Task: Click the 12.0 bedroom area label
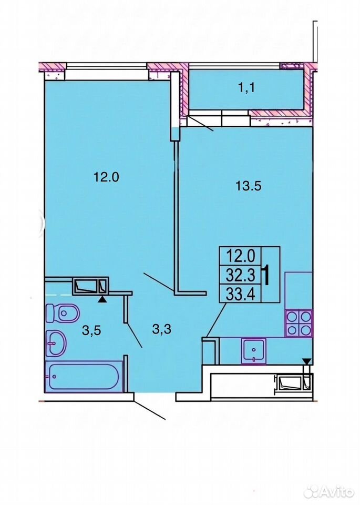tap(106, 177)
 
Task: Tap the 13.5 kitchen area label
tap(248, 186)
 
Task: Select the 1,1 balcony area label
tap(247, 87)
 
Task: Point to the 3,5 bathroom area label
tap(91, 330)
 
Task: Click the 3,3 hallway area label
tap(161, 329)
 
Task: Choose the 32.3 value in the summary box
tap(240, 275)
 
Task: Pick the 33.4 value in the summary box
tap(240, 294)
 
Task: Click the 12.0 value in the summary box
tap(241, 257)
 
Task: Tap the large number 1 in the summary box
tap(266, 275)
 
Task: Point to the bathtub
tap(84, 376)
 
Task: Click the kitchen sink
tap(254, 351)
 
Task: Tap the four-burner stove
tap(299, 324)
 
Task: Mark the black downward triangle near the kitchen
tap(307, 362)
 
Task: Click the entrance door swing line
tap(150, 410)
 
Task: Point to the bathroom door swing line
tap(134, 335)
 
